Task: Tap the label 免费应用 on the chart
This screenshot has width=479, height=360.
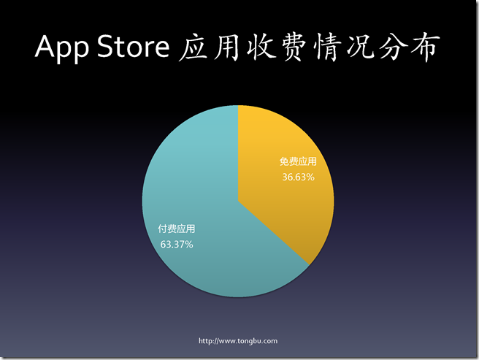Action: coord(298,162)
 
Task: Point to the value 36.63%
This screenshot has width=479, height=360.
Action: coord(298,177)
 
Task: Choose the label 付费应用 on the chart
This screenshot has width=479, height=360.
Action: coord(177,229)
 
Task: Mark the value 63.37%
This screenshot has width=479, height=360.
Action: coord(177,244)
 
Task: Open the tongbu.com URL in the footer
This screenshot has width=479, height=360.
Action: coord(239,341)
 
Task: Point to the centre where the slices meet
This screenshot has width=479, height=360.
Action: coord(238,201)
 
